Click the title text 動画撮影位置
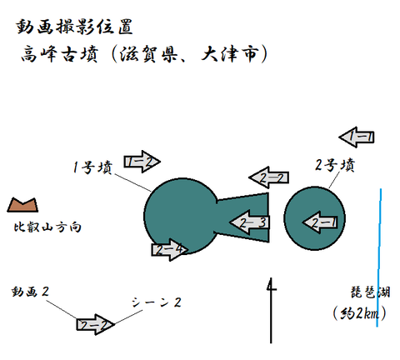click(x=74, y=27)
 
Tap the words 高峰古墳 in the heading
click(x=60, y=53)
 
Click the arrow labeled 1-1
click(x=357, y=137)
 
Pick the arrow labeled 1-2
click(x=142, y=162)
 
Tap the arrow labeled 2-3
click(x=249, y=222)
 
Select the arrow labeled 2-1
click(x=320, y=222)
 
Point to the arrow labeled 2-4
click(x=170, y=250)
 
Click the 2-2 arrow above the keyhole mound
click(x=268, y=177)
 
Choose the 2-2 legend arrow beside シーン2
click(x=95, y=324)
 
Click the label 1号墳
click(x=92, y=167)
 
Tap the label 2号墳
click(x=335, y=165)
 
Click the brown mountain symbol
click(x=22, y=205)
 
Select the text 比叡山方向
click(x=47, y=227)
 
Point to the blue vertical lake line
click(x=379, y=257)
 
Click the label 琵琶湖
click(x=370, y=292)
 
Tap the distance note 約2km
click(x=360, y=314)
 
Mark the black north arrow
click(x=271, y=310)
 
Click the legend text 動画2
click(x=30, y=292)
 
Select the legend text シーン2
click(x=157, y=302)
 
